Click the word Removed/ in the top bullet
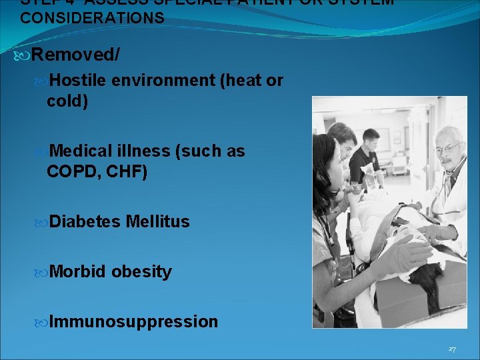tap(75, 55)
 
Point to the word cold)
tap(67, 101)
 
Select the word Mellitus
tap(157, 221)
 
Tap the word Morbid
tap(77, 272)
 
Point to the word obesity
tap(141, 272)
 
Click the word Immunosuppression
tap(133, 322)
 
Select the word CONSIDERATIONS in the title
tap(92, 18)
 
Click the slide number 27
tap(452, 349)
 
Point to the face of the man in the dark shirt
tap(371, 143)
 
